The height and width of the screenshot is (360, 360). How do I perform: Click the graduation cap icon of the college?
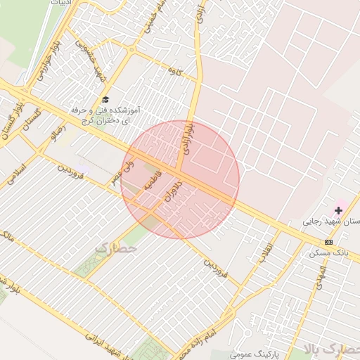(105, 100)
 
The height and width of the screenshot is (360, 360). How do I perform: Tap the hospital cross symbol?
(338, 210)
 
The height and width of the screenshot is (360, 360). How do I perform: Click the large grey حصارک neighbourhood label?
(113, 248)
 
